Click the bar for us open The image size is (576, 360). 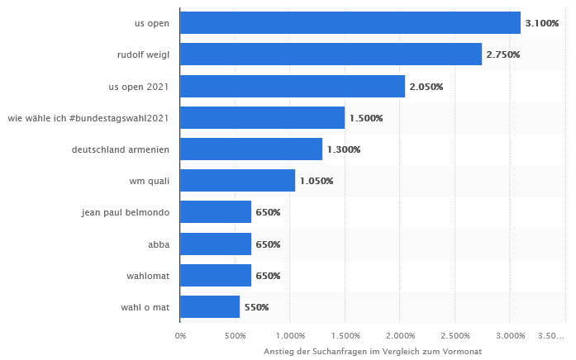tap(350, 23)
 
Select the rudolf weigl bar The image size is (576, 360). tap(331, 54)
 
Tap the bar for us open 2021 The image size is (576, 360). tap(292, 86)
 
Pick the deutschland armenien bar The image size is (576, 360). tap(250, 149)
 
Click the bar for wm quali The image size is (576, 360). tap(237, 181)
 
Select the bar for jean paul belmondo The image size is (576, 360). tap(215, 212)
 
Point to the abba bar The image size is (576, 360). tap(215, 244)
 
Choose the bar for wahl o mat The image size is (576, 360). tap(209, 307)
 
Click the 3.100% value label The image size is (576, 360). tap(542, 23)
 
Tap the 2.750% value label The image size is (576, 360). tap(503, 54)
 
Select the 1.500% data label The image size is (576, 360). tap(366, 118)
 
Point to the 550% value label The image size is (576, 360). tap(256, 307)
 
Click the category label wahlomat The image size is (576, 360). tap(149, 275)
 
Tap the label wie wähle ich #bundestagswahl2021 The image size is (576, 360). tap(88, 118)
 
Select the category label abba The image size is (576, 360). tap(158, 244)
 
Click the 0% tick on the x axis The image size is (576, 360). tap(180, 335)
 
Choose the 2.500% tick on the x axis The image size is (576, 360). tap(455, 335)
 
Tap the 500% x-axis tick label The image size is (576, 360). tap(236, 335)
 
